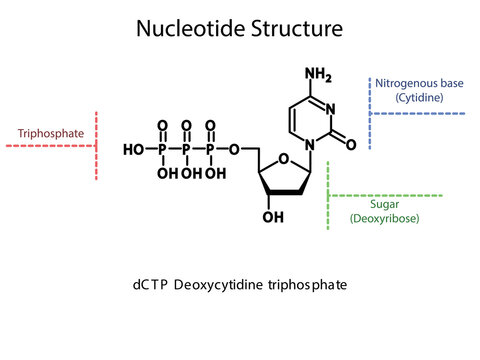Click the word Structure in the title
coord(295,29)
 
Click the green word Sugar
coord(384,203)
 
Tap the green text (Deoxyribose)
coord(384,217)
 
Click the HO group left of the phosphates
coord(132,150)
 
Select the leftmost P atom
coord(162,150)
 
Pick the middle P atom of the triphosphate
coord(186,150)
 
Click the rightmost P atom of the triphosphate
coord(210,150)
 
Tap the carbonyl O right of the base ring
coord(352,144)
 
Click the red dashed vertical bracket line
coord(97,146)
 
